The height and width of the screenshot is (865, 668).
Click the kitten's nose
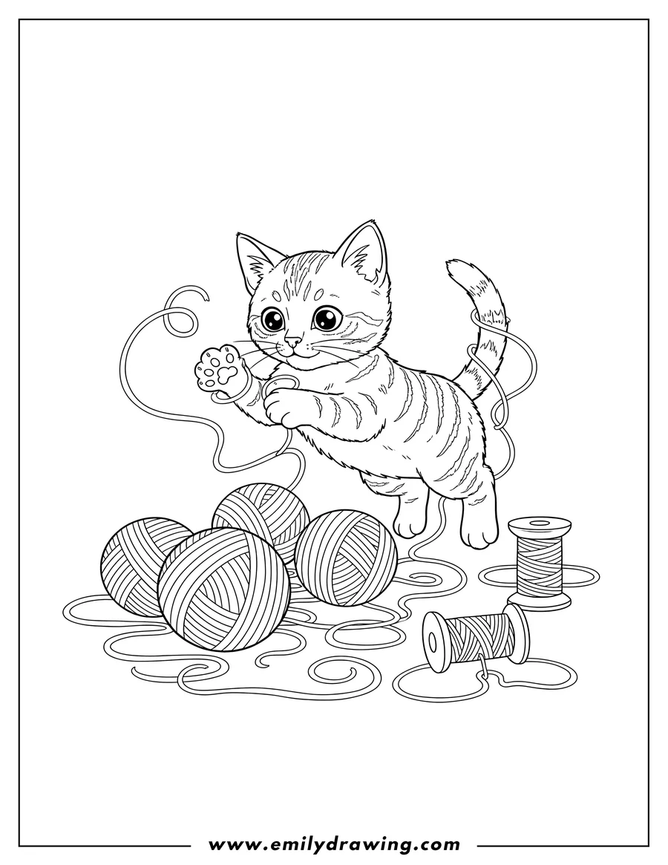[x=294, y=342]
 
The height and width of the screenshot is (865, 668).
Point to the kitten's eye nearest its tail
[x=324, y=319]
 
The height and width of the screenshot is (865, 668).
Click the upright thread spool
[x=539, y=561]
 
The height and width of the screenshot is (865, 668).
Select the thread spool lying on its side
[x=475, y=639]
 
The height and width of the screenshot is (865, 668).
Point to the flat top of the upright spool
[x=539, y=526]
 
